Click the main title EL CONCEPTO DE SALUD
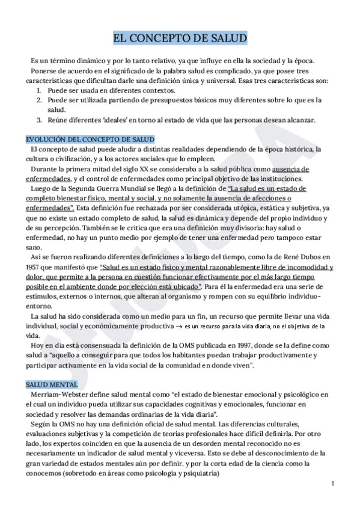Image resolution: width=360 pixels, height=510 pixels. tap(180, 40)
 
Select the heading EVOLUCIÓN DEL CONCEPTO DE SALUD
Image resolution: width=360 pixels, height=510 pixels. tap(90, 138)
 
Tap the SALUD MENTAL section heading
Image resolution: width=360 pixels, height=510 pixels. tap(52, 384)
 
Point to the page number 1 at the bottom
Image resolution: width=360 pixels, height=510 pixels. tap(332, 484)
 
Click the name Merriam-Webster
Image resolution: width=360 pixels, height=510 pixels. tap(61, 394)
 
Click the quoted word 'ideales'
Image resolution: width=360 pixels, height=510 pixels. tap(109, 120)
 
